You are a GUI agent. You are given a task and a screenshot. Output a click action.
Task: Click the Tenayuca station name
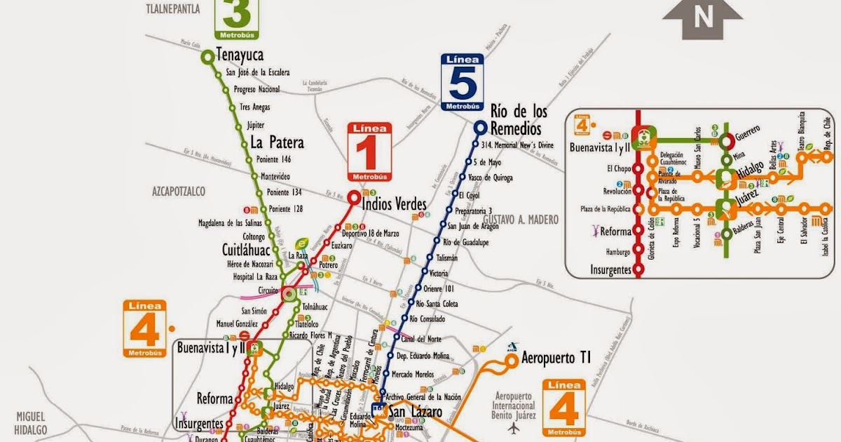[240, 55]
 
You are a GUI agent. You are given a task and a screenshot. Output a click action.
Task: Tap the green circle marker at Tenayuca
[207, 58]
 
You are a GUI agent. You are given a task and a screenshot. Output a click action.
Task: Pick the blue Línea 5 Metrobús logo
[463, 82]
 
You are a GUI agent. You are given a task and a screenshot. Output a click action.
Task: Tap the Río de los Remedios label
[518, 120]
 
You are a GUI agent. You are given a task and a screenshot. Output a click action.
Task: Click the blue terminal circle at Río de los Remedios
[480, 127]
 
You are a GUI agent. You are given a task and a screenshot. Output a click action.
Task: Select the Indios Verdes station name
[395, 203]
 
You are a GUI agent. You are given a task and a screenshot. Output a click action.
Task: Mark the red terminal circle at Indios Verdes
[355, 198]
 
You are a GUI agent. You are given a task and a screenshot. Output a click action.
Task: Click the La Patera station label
[278, 142]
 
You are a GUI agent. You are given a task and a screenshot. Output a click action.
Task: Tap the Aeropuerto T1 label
[556, 359]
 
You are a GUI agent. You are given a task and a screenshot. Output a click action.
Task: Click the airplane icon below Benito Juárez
[517, 427]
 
